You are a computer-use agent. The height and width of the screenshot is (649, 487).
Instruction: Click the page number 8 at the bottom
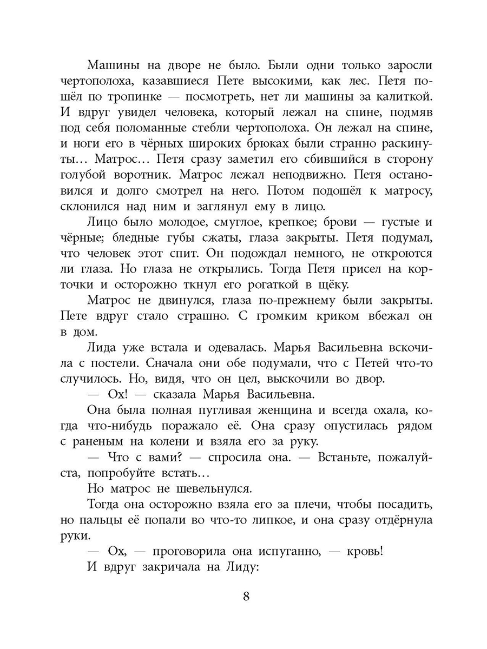246,598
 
